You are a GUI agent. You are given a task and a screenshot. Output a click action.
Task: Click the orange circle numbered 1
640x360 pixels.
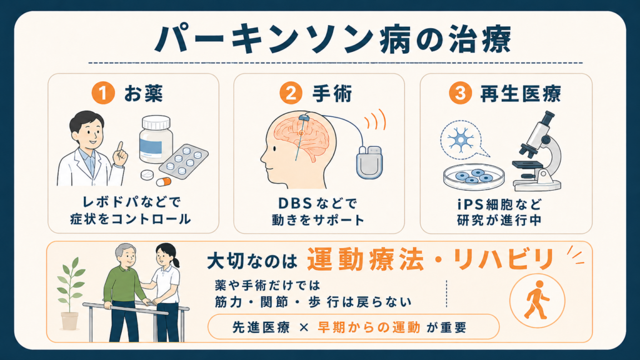pyautogui.click(x=103, y=92)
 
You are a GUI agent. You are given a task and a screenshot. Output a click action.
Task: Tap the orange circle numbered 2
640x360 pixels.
pyautogui.click(x=291, y=92)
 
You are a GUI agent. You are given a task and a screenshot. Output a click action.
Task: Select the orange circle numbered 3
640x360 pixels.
pyautogui.click(x=460, y=92)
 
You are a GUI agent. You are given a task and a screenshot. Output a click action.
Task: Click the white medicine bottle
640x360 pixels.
pyautogui.click(x=156, y=139)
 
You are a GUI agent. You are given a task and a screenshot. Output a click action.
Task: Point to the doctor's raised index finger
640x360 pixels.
pyautogui.click(x=120, y=147)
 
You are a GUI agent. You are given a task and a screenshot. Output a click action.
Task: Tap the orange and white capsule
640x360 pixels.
pyautogui.click(x=164, y=181)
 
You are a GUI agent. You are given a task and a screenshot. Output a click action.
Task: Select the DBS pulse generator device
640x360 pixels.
pyautogui.click(x=369, y=162)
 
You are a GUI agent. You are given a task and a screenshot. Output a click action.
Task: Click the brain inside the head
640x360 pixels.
pyautogui.click(x=301, y=137)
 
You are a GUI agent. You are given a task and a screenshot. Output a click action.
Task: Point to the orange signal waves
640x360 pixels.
pyautogui.click(x=375, y=119)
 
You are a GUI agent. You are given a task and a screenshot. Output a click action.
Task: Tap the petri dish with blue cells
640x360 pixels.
pyautogui.click(x=474, y=177)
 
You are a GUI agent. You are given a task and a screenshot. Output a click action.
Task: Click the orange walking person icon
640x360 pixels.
pyautogui.click(x=537, y=301)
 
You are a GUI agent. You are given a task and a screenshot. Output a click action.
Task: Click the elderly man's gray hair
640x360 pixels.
pyautogui.click(x=124, y=250)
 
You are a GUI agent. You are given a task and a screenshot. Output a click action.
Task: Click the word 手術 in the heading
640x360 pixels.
pyautogui.click(x=331, y=94)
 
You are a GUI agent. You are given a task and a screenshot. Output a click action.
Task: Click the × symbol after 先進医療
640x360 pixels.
pyautogui.click(x=304, y=327)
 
